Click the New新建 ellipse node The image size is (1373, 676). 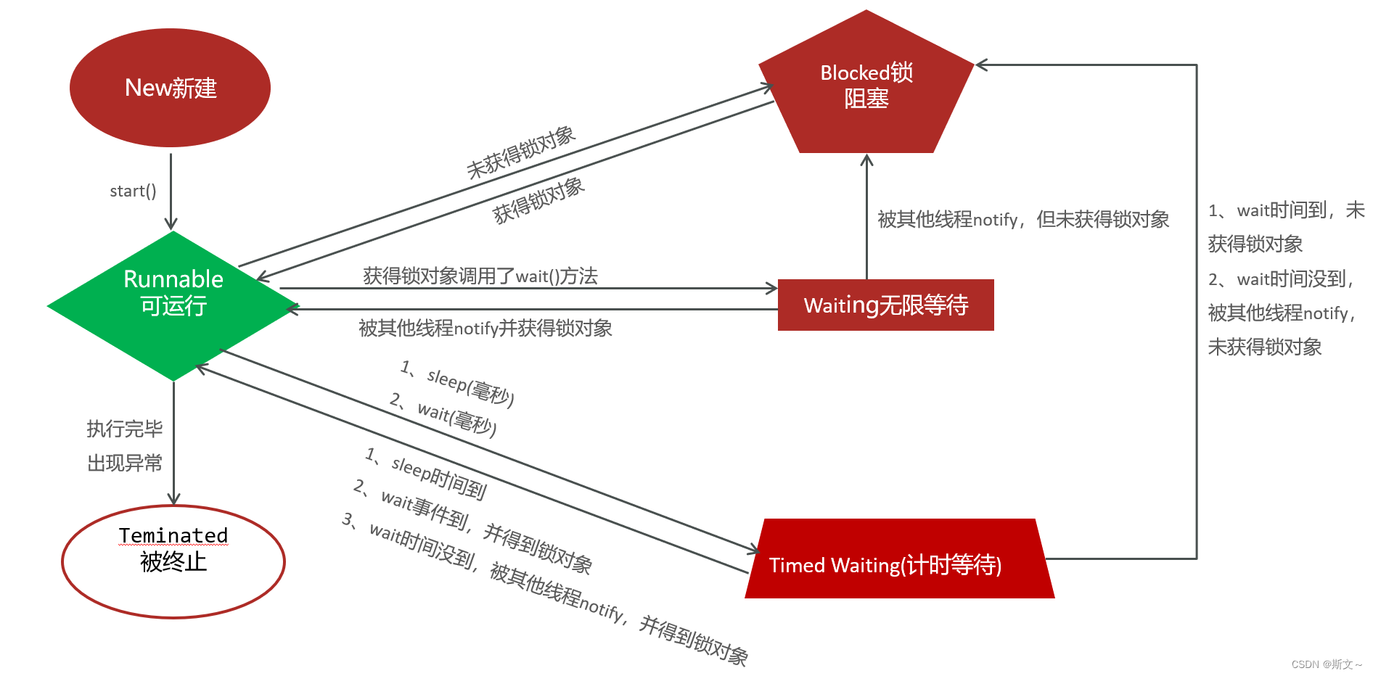(170, 88)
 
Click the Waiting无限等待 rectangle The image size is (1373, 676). (885, 305)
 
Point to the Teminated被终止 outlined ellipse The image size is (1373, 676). (173, 561)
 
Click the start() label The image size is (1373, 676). (133, 191)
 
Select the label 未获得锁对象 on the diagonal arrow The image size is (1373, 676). (521, 152)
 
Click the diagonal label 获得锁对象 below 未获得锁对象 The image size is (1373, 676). (538, 200)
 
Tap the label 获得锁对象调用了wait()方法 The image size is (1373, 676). (480, 276)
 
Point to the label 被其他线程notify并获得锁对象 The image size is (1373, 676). (485, 329)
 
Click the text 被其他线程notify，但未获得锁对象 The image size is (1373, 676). (1023, 219)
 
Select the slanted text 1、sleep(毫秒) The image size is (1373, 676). (457, 384)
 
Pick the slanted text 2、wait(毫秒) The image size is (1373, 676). (443, 415)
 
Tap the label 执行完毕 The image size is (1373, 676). (125, 429)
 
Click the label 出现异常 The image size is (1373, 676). (125, 463)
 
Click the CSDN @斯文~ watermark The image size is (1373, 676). (1326, 664)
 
